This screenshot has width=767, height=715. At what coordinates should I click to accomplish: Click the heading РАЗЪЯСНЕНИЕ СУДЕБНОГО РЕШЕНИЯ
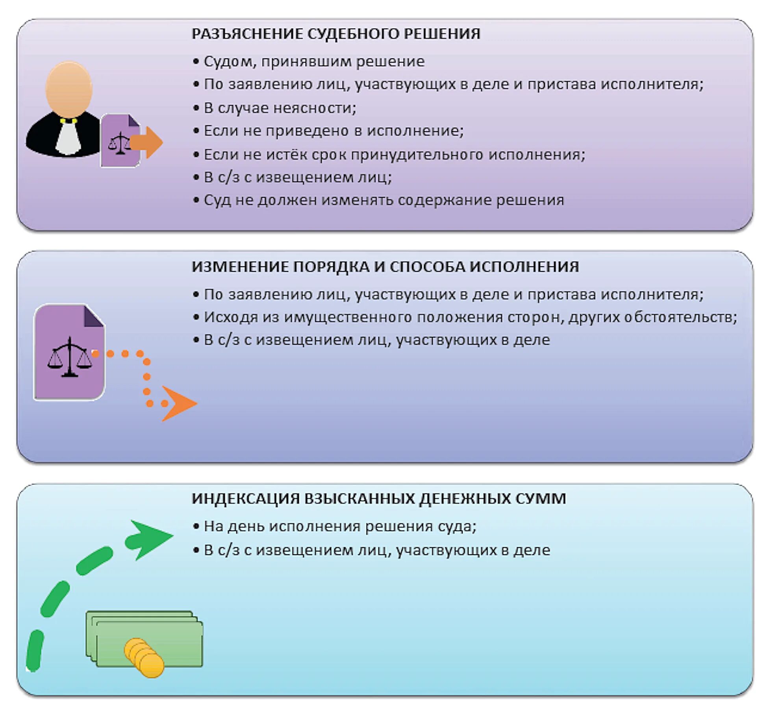pos(335,34)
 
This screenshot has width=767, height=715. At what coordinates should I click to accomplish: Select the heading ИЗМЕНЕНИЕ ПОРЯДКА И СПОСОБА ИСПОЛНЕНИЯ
pos(385,267)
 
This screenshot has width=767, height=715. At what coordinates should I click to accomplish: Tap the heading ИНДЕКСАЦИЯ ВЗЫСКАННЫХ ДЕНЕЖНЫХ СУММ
pos(379,498)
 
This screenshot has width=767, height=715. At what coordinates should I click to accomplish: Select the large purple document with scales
pos(69,353)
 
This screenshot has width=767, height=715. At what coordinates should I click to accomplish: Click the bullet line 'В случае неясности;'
pos(280,108)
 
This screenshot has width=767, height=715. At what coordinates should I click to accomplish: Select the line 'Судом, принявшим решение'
pos(314,61)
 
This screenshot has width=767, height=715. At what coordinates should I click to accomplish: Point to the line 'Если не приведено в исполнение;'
pos(333,131)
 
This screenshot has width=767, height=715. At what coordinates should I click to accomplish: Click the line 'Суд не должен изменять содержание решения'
pos(383,200)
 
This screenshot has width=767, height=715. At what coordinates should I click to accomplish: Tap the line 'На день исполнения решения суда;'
pos(340,526)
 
